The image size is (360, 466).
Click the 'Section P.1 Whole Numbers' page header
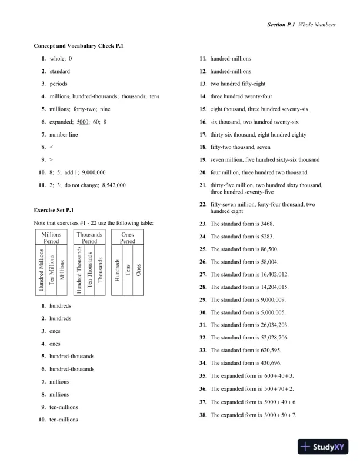301,25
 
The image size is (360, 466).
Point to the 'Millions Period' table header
51,237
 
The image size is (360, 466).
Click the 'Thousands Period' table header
89,237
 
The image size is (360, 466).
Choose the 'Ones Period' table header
128,237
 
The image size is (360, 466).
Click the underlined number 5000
83,122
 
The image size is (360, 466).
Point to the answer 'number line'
64,135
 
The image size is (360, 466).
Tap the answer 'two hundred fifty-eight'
238,84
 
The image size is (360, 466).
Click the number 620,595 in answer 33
268,351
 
